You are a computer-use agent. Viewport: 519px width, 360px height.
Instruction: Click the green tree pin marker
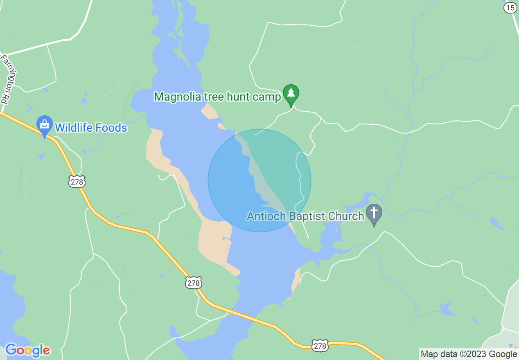[x=291, y=94]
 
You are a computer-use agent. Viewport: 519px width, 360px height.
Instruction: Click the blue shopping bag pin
[x=44, y=125]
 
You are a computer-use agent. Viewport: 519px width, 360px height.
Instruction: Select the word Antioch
[x=266, y=216]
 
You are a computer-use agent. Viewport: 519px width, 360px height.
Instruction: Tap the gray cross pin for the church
[x=374, y=214]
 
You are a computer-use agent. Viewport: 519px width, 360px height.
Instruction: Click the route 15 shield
[x=510, y=7]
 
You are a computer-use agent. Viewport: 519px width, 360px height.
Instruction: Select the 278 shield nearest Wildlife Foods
[x=77, y=181]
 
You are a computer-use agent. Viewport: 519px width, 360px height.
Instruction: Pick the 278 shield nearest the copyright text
[x=320, y=346]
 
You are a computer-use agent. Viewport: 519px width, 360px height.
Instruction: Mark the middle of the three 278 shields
[x=194, y=282]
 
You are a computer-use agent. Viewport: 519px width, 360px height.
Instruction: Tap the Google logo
[x=27, y=351]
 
